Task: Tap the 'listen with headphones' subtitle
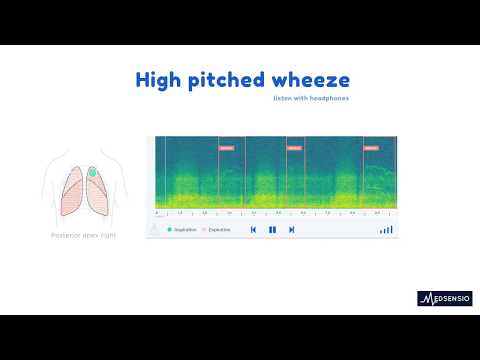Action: (312, 100)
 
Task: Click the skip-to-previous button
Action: (254, 229)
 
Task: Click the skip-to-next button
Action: (291, 229)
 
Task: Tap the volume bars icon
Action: (386, 229)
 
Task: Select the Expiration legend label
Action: (220, 230)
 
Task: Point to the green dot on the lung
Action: (92, 173)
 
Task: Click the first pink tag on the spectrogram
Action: (226, 147)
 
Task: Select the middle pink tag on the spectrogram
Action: (294, 147)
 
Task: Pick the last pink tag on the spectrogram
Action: (371, 147)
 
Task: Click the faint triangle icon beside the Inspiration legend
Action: (154, 229)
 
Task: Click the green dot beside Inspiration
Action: (170, 230)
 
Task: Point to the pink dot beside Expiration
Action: (205, 230)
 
